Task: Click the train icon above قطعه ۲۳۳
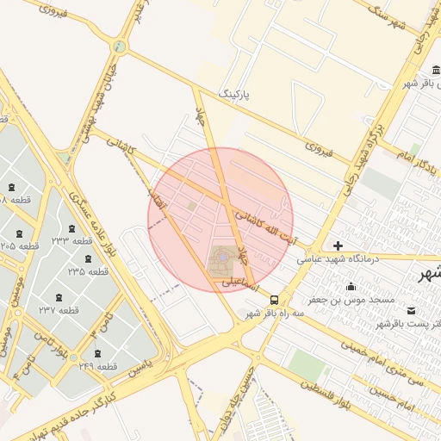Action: (71, 229)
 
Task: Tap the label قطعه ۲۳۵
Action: (89, 270)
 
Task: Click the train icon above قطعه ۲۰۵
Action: (18, 233)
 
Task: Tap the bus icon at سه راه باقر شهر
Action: (274, 300)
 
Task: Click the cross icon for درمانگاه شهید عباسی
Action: (338, 245)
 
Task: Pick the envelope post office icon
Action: (410, 311)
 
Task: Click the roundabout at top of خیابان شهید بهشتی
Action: (119, 47)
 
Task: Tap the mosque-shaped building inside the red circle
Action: (222, 258)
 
